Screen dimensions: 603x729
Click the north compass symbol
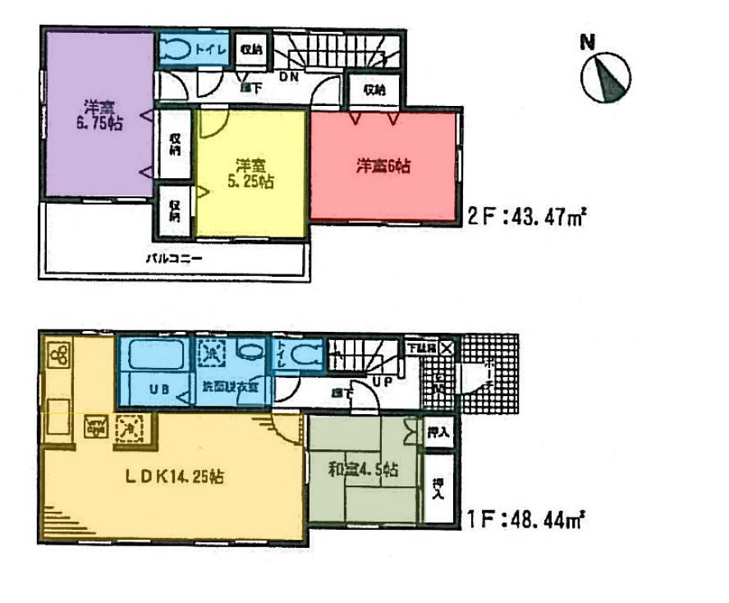(x=606, y=76)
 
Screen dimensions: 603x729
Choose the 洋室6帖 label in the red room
(x=383, y=167)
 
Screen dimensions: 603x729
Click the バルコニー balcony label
(x=174, y=257)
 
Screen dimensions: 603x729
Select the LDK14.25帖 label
(x=173, y=475)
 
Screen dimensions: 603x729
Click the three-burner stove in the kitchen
(x=55, y=356)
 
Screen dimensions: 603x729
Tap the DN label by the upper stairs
(x=289, y=76)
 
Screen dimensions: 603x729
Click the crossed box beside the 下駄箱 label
(x=445, y=348)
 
